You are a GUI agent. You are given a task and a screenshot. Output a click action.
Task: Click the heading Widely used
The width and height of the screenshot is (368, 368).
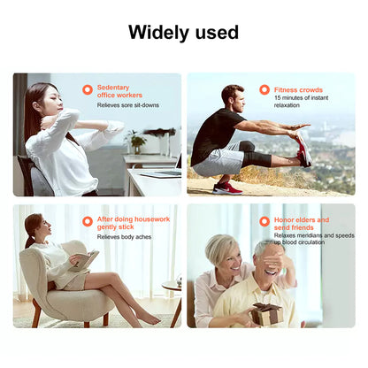point(183,33)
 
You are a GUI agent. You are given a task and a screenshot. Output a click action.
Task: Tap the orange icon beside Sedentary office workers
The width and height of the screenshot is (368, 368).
point(88,89)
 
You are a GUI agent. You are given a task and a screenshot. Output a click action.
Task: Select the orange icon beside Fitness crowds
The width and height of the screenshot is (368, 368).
point(264,89)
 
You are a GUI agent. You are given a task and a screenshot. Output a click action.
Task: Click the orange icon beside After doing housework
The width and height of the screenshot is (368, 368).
point(88,221)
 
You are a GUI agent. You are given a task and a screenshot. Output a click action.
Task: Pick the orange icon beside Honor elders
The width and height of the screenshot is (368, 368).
point(264,221)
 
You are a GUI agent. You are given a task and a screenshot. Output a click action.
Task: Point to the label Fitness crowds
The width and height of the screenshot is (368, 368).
point(297,89)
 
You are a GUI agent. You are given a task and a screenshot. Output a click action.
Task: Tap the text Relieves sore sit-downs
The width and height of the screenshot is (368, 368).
point(126,105)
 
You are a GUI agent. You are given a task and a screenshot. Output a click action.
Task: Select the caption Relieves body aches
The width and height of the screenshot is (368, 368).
point(122,237)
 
